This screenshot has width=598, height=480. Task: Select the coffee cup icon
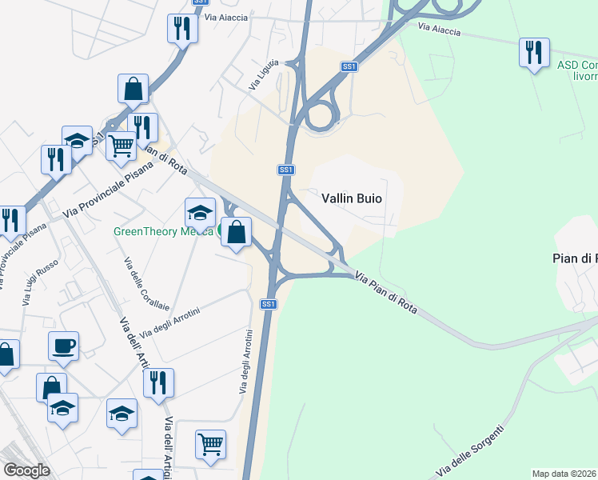(63, 346)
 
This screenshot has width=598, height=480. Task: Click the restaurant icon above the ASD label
(533, 53)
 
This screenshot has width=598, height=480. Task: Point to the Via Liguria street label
(264, 74)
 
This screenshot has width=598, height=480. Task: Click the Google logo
(27, 470)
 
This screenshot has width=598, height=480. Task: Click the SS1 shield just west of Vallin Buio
(286, 170)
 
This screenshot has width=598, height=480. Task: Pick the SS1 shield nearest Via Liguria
(349, 67)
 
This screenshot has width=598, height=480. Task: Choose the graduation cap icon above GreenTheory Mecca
(200, 212)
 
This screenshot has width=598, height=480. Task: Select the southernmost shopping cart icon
(210, 444)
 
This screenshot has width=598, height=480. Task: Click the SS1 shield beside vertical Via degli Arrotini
(268, 304)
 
